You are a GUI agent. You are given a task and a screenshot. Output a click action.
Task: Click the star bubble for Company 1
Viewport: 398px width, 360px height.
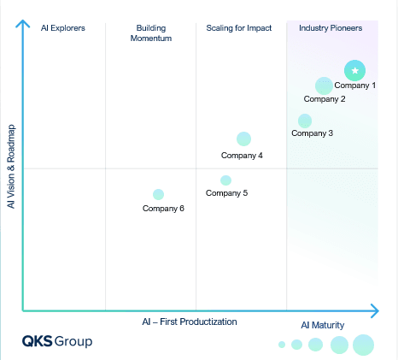click(354, 70)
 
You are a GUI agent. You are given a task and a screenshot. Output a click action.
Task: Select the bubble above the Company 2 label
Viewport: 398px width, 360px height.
click(324, 86)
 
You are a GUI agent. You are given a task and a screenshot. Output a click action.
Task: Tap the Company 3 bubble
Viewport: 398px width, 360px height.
click(305, 121)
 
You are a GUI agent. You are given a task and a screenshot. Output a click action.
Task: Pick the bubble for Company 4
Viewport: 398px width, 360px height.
click(243, 139)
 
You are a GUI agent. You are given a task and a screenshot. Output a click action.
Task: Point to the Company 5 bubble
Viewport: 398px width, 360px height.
click(225, 180)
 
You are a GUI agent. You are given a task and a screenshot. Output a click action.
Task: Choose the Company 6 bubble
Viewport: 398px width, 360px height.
click(158, 194)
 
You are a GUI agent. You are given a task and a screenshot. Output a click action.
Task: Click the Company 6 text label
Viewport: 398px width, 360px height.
click(163, 209)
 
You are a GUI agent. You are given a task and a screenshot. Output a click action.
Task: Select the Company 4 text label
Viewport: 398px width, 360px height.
click(242, 156)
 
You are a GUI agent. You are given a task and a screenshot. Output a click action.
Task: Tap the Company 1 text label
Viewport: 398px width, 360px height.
click(355, 86)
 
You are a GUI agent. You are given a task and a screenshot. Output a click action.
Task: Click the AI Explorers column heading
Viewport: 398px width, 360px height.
click(63, 28)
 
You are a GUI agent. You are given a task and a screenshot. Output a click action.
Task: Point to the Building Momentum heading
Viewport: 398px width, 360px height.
click(151, 33)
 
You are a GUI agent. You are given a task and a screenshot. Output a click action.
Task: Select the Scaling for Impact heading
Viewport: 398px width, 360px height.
click(239, 28)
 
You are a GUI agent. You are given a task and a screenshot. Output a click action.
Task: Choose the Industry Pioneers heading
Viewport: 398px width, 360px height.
click(331, 28)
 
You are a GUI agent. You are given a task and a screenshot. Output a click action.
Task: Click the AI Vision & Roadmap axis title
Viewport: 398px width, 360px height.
click(11, 167)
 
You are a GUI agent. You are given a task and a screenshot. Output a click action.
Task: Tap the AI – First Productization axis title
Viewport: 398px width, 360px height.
click(190, 322)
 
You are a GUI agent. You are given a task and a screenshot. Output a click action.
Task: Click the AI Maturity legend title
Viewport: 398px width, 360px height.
click(323, 325)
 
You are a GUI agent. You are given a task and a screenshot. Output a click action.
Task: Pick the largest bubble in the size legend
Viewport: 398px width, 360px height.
click(363, 345)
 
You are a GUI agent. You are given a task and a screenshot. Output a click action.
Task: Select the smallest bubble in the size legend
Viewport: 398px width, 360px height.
click(282, 345)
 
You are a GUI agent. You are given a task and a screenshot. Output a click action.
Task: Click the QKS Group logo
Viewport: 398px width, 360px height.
click(57, 341)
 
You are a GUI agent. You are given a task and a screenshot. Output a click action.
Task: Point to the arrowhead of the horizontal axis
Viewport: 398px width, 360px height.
click(375, 310)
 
